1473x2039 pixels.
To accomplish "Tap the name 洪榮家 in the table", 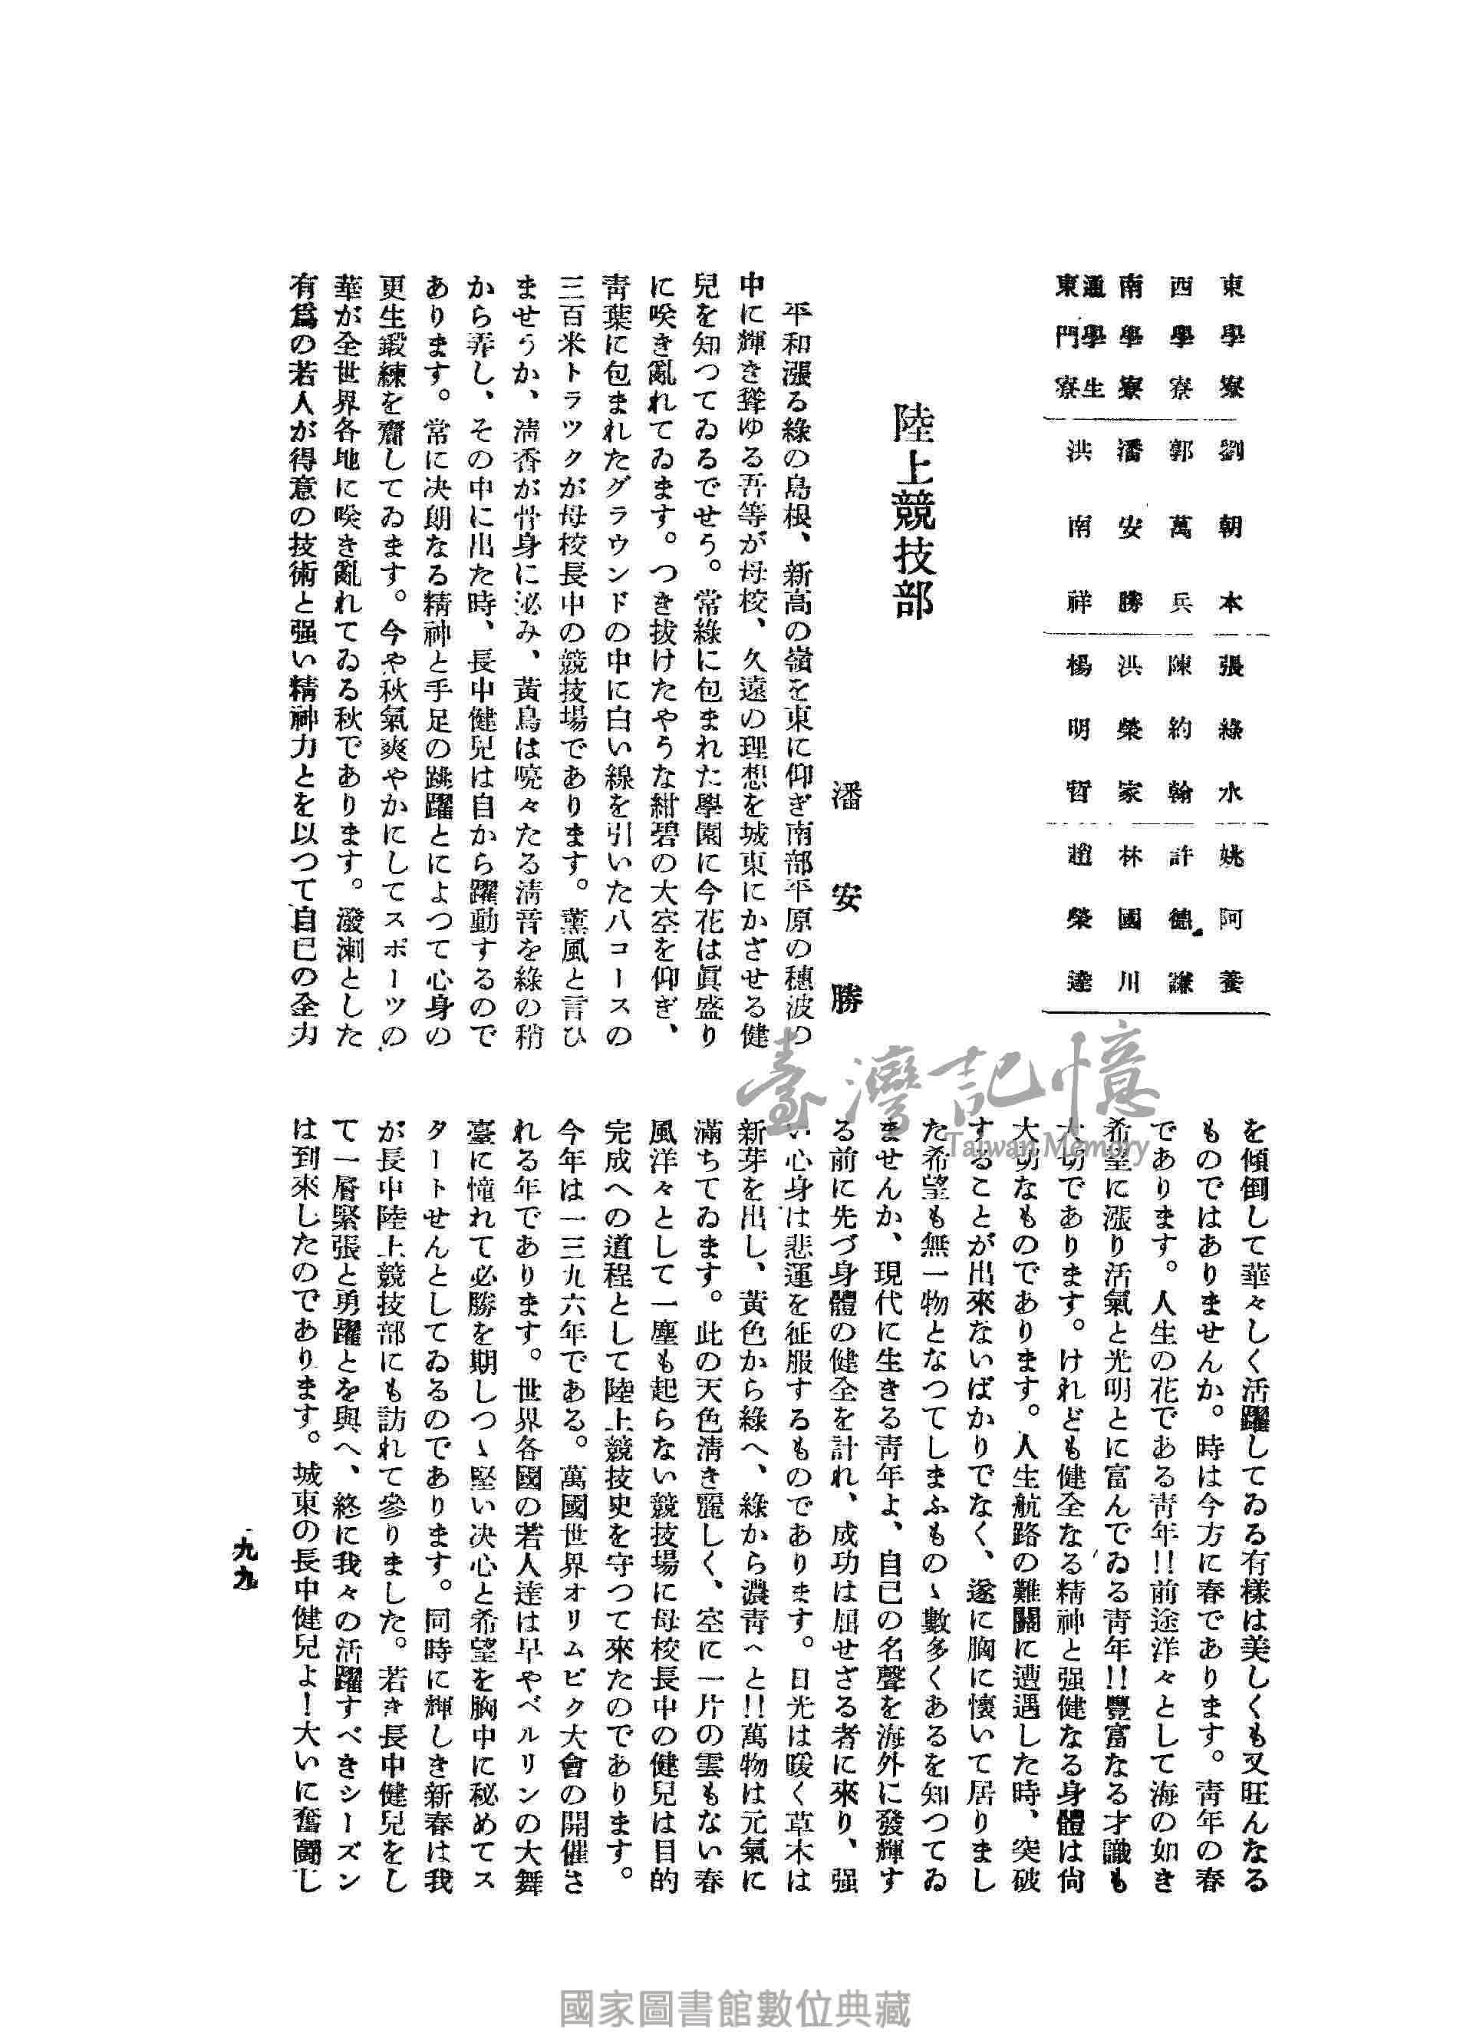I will click(x=1128, y=729).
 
